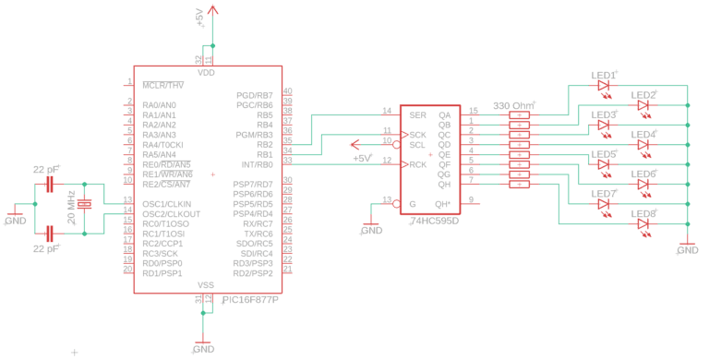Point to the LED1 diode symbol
click(x=604, y=86)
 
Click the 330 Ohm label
click(x=514, y=104)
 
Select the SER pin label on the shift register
click(x=417, y=114)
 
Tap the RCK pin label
click(x=418, y=164)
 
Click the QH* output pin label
click(x=443, y=203)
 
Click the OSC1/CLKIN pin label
click(x=166, y=203)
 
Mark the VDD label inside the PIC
click(x=206, y=73)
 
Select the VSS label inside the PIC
click(x=206, y=285)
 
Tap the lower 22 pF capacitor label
click(x=45, y=249)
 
